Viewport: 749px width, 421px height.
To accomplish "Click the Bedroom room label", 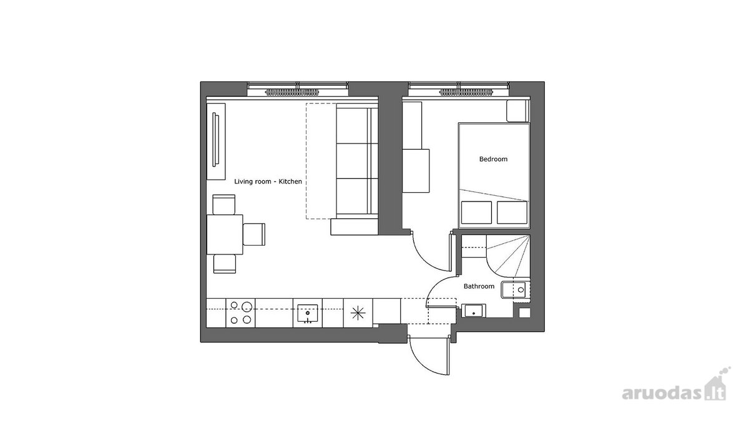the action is (493, 159).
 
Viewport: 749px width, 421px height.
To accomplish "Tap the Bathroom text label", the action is (479, 286).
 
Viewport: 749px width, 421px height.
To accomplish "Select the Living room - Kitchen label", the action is (268, 181).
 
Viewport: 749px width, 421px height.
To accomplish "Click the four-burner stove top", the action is (240, 313).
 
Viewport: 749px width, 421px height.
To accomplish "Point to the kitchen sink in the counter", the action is (307, 313).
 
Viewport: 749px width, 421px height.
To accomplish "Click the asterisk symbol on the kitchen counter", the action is (358, 313).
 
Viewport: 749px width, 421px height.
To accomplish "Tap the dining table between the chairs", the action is (225, 235).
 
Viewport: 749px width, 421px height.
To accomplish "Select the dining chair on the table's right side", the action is (254, 235).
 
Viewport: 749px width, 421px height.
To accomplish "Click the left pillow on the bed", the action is (476, 212).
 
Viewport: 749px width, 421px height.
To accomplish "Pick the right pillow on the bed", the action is (512, 212).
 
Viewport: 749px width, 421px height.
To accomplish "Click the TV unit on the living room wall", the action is (216, 142).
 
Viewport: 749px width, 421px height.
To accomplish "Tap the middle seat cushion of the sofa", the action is (353, 161).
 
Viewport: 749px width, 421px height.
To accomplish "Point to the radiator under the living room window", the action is (293, 92).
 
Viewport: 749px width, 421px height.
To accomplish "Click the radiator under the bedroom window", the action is (467, 92).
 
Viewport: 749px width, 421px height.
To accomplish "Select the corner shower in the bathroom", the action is (508, 256).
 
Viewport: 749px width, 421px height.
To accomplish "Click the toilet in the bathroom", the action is (516, 289).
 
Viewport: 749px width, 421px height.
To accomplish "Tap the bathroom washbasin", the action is (474, 311).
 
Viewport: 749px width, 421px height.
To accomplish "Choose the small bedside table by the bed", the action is (517, 111).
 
